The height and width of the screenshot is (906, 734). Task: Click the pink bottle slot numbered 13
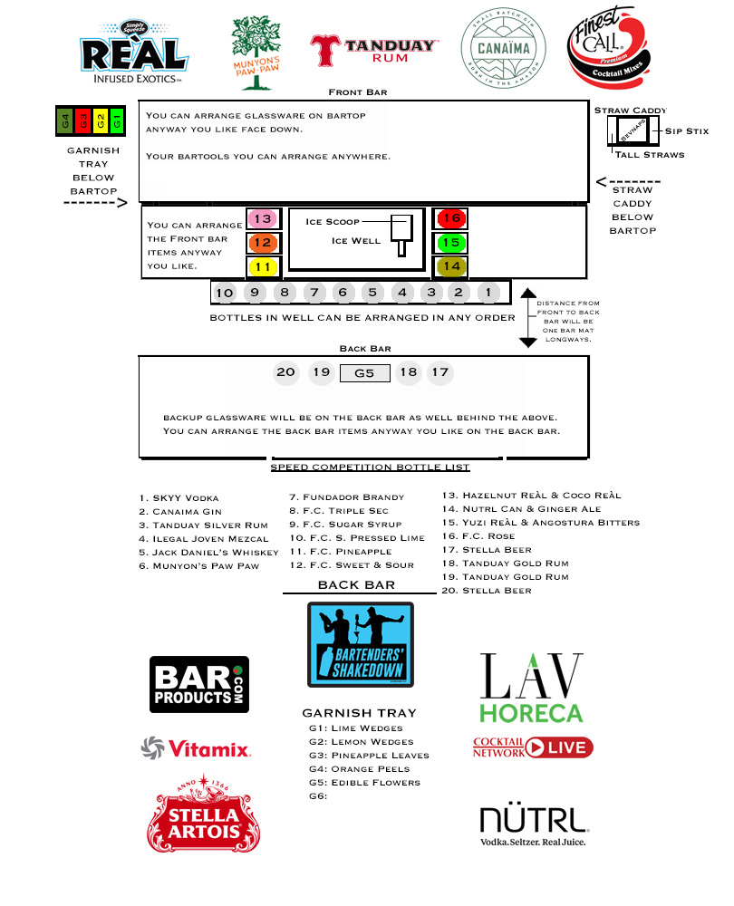263,219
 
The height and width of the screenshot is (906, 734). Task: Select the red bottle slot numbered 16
451,219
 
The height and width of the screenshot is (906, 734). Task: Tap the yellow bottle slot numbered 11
263,266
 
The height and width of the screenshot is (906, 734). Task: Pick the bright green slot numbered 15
451,243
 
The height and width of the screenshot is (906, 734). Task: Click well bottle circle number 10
225,293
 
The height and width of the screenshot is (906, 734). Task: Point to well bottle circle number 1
488,293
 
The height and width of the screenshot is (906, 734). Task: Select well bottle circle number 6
343,293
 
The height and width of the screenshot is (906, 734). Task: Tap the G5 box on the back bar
364,372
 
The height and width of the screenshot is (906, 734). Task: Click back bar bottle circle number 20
286,372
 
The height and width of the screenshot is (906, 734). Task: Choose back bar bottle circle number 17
440,372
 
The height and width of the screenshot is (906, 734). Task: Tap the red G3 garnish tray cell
82,120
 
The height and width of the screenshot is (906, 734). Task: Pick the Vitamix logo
195,748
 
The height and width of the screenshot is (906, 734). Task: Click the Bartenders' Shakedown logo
361,644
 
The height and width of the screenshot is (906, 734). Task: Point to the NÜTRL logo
535,824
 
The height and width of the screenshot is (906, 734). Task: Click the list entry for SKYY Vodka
179,498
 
